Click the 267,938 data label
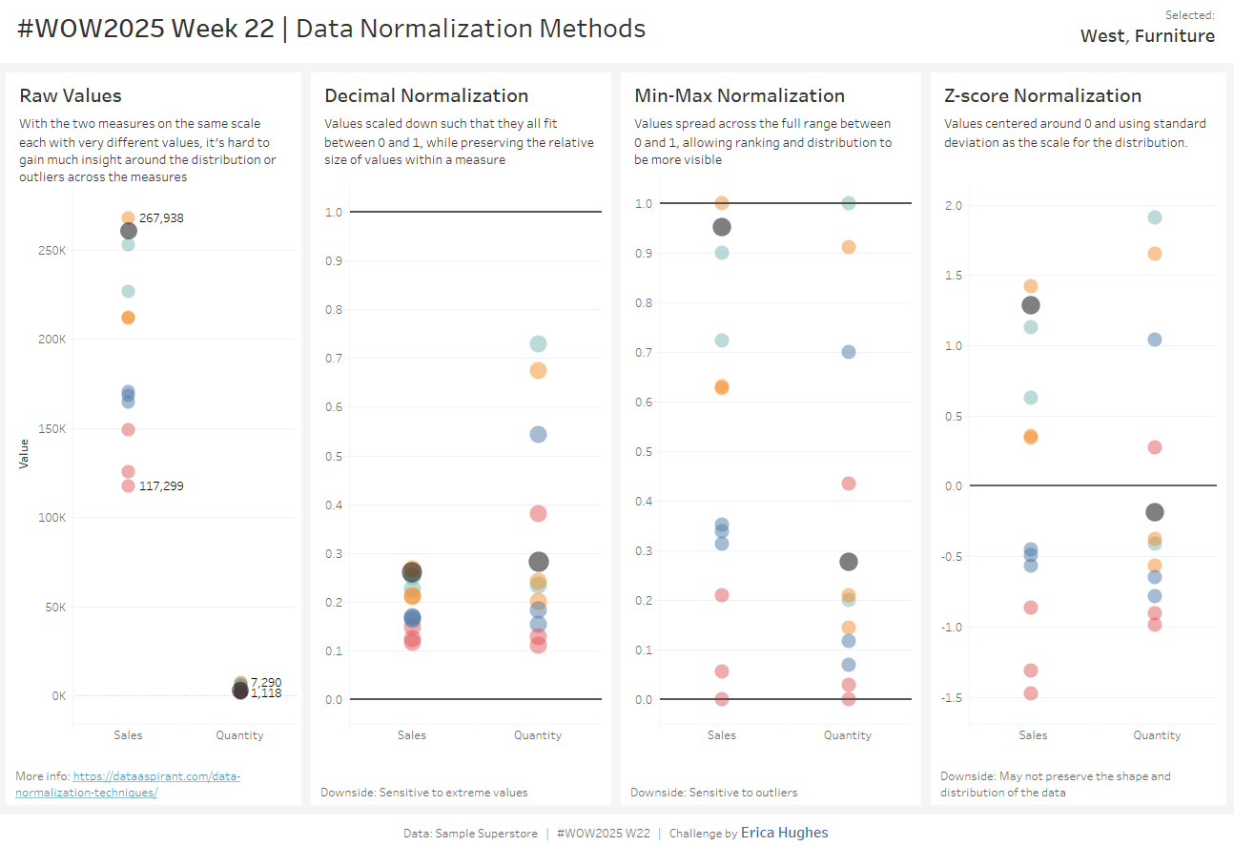click(161, 218)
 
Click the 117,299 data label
click(161, 486)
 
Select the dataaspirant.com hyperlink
click(156, 776)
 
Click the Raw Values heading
click(71, 95)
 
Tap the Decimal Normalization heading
click(426, 95)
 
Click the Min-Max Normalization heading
click(739, 95)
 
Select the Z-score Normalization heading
click(1042, 95)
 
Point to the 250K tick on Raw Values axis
click(51, 251)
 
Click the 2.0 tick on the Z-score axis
click(954, 206)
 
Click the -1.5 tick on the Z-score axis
click(952, 698)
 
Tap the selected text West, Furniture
click(1147, 36)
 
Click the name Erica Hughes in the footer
click(784, 833)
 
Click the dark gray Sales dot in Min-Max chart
click(722, 227)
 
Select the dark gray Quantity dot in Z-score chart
click(1155, 512)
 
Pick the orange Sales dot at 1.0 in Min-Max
click(722, 203)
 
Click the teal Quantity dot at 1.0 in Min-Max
click(848, 203)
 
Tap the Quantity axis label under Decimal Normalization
click(538, 735)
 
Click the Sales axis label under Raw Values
click(128, 735)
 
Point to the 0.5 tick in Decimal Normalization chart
click(333, 456)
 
